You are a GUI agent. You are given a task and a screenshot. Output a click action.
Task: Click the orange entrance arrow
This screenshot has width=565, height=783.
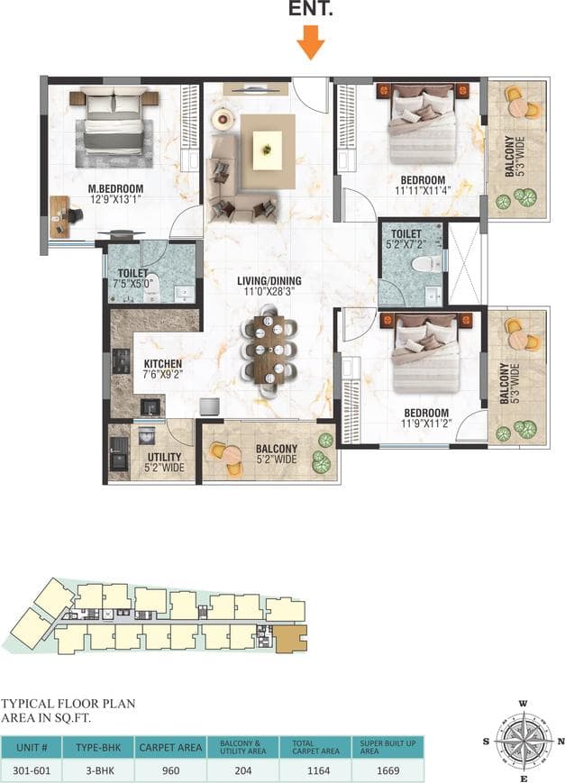pos(311,41)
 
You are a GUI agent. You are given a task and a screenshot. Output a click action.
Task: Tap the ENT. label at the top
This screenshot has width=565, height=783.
pos(311,11)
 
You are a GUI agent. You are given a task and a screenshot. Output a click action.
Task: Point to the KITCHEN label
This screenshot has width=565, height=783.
pos(163,365)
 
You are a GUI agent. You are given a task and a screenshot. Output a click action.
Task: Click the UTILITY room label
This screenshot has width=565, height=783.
pos(164,457)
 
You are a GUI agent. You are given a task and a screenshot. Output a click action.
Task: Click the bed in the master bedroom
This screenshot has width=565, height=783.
pos(114,126)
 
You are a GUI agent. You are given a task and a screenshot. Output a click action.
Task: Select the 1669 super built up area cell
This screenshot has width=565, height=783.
pos(386,770)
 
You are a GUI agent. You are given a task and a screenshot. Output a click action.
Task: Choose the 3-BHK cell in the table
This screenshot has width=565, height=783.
pos(98,770)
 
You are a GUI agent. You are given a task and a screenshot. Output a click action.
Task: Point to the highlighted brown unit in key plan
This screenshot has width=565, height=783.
pos(289,639)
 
